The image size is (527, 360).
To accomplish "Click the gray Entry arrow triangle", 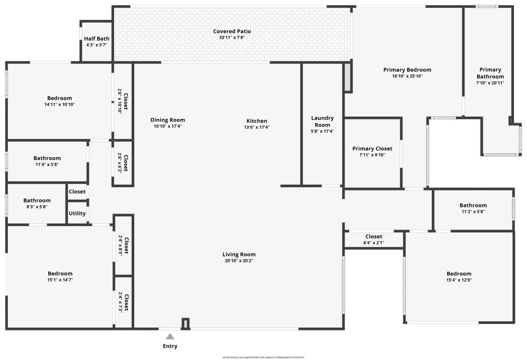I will tap(170, 337).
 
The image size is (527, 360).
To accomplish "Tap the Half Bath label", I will tap(97, 39).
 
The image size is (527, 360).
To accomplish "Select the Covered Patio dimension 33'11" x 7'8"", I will tap(232, 37).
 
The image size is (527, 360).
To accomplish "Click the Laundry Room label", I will tap(322, 121).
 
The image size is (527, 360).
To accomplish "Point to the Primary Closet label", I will tap(372, 149).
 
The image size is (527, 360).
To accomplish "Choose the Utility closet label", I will tap(77, 213).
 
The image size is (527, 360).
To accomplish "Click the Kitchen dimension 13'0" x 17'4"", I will tap(257, 127).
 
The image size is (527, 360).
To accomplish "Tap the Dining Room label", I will tap(168, 120).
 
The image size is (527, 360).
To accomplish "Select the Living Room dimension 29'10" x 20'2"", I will tap(239, 260).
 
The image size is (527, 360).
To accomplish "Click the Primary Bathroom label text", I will tap(490, 73).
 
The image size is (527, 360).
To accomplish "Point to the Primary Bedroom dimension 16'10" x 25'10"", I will tap(407, 76).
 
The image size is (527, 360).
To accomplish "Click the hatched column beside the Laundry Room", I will tap(347, 77).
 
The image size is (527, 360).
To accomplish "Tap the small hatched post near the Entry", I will tap(186, 323).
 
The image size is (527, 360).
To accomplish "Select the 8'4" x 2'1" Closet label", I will tap(374, 237).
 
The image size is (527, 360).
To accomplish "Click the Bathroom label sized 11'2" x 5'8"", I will tap(473, 205).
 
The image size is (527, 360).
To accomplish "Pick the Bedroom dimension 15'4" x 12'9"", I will tap(459, 280).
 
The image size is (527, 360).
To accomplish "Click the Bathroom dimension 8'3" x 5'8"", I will tap(37, 207).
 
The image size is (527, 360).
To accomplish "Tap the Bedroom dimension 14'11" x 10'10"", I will tap(60, 104).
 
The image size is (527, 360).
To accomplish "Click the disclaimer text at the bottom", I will tap(263, 357).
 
